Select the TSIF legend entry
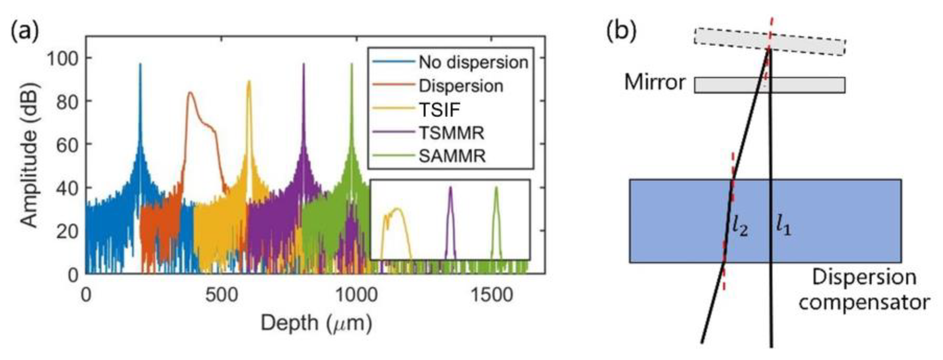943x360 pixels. click(439, 110)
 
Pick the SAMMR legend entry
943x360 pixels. click(452, 156)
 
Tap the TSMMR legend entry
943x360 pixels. click(451, 133)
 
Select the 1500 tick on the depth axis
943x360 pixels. click(491, 295)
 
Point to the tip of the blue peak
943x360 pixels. click(140, 64)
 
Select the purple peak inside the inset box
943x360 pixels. click(450, 189)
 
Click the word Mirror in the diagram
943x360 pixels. click(654, 83)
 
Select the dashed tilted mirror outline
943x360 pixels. click(769, 42)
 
